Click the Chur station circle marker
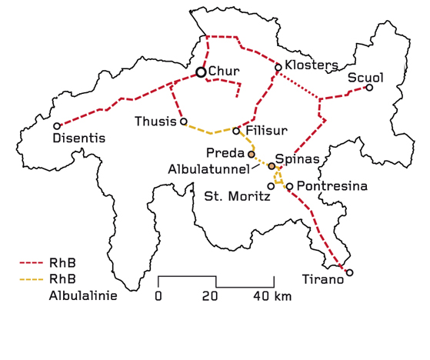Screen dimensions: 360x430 pos(201,72)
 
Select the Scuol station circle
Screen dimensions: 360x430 pos(369,88)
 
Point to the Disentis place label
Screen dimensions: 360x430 pos(78,138)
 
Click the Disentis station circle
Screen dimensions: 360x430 pos(57,125)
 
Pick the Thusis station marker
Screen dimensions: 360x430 pos(183,122)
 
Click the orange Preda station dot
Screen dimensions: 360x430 pos(252,154)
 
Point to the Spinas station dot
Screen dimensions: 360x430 pos(272,166)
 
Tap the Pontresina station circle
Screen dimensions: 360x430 pos(289,186)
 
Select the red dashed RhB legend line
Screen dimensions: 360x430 pos(31,263)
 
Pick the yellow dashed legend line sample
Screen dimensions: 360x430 pos(31,278)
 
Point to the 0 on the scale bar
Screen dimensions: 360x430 pos(158,296)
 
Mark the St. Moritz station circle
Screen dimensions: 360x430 pos(271,185)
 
